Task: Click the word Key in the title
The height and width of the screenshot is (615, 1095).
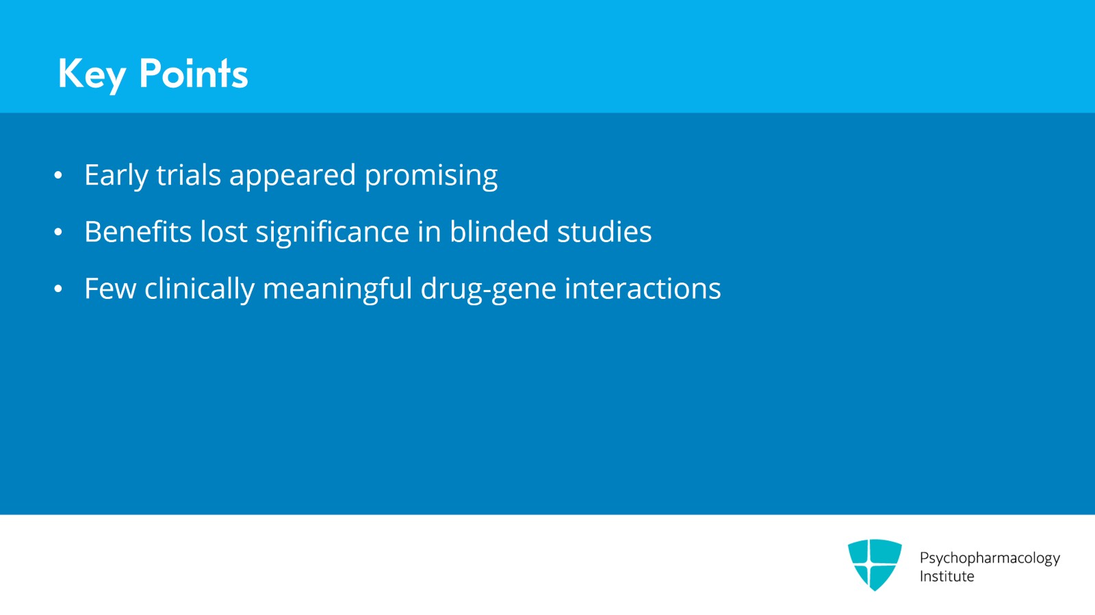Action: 91,74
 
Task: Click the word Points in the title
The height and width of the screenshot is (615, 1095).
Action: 193,74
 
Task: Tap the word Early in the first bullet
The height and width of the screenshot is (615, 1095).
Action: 116,175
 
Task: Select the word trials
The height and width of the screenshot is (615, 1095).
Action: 188,175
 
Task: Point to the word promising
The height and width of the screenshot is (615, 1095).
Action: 430,176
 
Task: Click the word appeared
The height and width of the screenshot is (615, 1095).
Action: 292,176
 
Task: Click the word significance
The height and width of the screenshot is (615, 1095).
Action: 332,233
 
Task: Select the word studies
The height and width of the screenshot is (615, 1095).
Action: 604,232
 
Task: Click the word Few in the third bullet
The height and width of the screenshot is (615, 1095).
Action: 109,289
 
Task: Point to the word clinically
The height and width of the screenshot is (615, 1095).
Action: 199,289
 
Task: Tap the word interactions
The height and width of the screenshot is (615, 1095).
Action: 643,289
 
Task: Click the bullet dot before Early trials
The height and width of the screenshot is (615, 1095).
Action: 58,176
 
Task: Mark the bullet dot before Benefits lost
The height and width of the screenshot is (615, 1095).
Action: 58,233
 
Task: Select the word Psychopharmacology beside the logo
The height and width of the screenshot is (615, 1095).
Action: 989,558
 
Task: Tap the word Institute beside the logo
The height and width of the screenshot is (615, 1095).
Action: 946,577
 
